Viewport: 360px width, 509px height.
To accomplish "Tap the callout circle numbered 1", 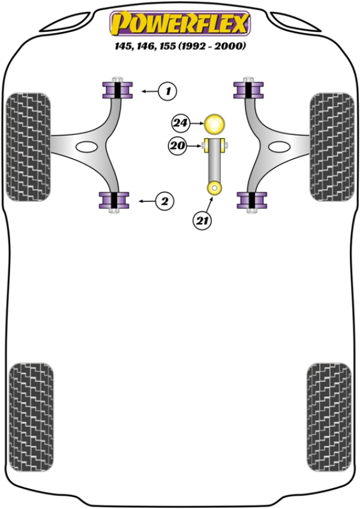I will coord(169,92).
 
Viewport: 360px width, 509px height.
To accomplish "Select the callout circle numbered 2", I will coord(164,201).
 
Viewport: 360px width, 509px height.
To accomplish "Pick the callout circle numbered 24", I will coord(180,124).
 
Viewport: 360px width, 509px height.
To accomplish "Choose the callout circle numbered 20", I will coord(177,145).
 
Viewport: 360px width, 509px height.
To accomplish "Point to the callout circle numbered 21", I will coord(203,221).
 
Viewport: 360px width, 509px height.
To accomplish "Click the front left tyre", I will coord(28,148).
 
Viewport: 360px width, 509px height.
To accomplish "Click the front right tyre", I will coord(331,148).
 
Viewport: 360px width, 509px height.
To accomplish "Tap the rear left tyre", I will coord(32,417).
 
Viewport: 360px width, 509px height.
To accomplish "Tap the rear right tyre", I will coord(328,417).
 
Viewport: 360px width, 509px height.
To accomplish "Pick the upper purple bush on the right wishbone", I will coord(247,91).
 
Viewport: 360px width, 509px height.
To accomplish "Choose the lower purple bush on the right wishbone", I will coord(251,200).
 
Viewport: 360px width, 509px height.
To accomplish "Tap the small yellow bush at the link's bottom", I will coord(214,188).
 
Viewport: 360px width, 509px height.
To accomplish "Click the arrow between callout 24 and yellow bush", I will coord(197,124).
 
